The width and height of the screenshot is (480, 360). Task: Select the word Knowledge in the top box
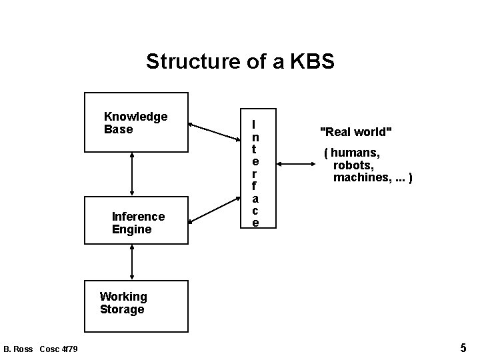[x=135, y=117]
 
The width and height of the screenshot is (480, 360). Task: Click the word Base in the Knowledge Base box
[x=118, y=129]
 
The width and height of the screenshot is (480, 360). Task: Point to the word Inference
[x=138, y=217]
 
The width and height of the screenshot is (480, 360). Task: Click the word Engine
[x=131, y=229]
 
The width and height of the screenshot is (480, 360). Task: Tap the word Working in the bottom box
[x=123, y=296]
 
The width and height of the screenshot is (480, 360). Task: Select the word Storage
[x=122, y=309]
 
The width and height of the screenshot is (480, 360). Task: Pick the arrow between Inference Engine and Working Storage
[x=132, y=261]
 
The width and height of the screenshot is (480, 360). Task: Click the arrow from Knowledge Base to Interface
[x=214, y=133]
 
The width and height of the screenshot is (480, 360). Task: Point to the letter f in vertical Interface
[x=254, y=186]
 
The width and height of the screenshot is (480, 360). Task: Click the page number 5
[x=463, y=347]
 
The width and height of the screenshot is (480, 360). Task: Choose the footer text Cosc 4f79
[x=59, y=349]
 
